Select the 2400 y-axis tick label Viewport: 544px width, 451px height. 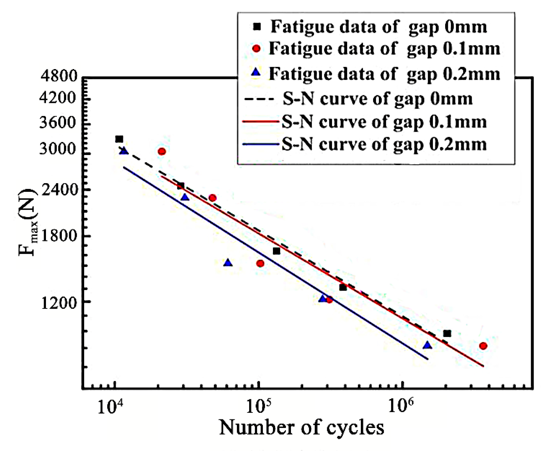[x=59, y=190]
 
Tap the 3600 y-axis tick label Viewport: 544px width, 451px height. [x=59, y=123]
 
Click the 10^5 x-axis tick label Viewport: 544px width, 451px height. [x=255, y=407]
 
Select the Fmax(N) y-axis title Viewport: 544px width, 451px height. [x=27, y=222]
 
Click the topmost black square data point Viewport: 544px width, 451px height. [x=119, y=139]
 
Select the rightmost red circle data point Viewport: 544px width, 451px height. [x=483, y=346]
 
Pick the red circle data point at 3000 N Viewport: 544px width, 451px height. [x=162, y=151]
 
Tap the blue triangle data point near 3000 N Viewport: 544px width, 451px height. [x=124, y=151]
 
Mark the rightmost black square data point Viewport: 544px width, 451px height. [x=447, y=333]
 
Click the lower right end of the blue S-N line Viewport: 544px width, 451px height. [x=427, y=359]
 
